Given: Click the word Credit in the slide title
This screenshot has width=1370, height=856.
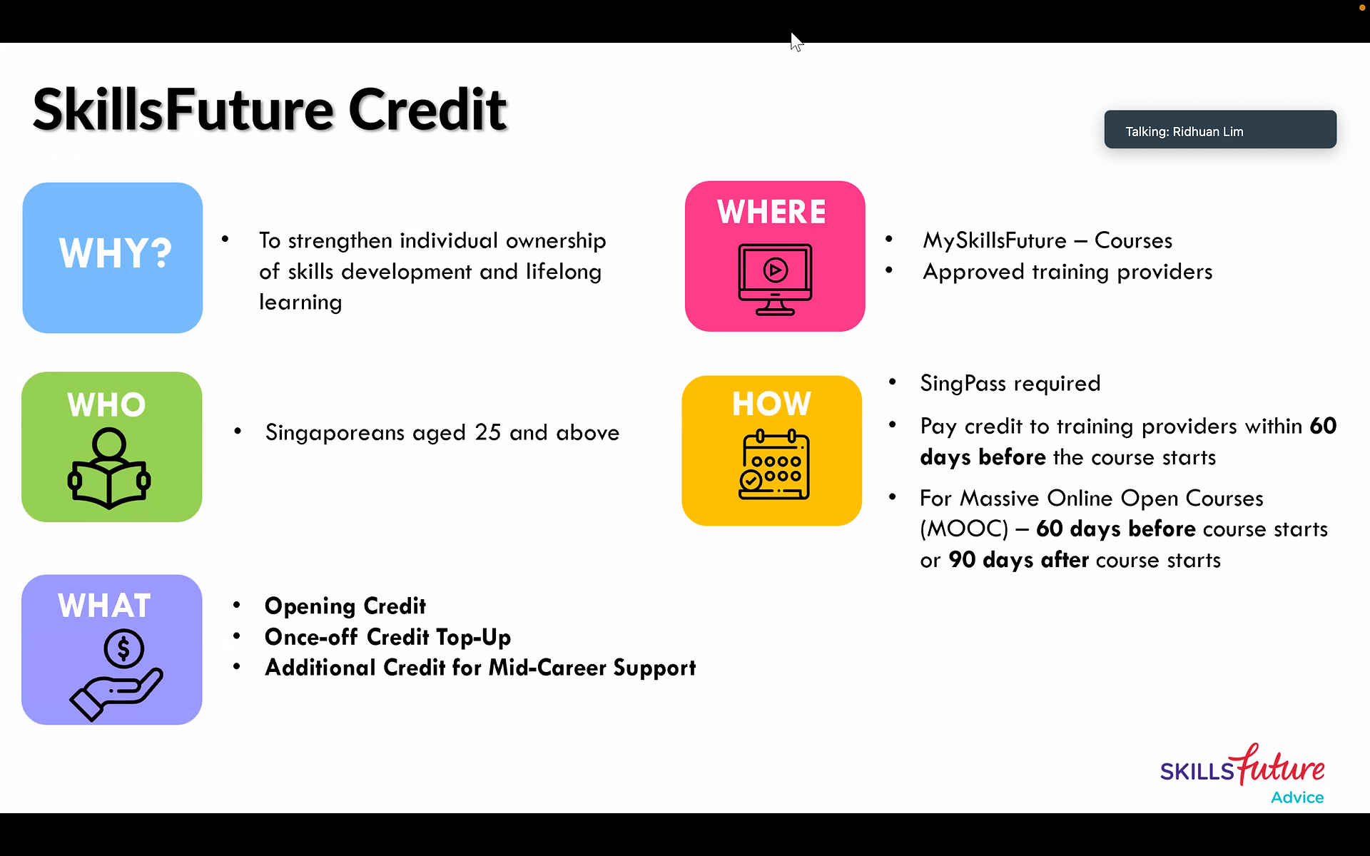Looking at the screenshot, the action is [427, 110].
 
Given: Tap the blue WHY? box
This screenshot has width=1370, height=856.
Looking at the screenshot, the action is [113, 258].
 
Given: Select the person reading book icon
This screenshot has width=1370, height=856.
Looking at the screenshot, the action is [109, 468].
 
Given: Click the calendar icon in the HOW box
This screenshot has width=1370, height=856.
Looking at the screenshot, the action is [774, 465].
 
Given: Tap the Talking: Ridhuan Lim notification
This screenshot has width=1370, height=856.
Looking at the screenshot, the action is [1220, 130].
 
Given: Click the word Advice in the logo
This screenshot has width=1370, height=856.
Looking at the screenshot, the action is [1297, 798].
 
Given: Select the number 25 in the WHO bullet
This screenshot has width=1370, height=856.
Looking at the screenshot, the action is [488, 432].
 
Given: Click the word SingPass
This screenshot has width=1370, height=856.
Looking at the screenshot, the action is [963, 384].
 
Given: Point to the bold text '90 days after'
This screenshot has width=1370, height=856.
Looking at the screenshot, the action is [1019, 560].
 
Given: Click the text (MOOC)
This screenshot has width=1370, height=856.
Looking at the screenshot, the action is [964, 529].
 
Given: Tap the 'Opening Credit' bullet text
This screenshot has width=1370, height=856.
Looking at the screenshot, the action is [345, 606].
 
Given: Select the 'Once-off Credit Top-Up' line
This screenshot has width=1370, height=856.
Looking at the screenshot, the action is [387, 637].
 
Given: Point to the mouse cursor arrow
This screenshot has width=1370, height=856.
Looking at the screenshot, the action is [796, 42].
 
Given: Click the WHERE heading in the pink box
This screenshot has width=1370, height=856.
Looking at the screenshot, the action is [771, 212].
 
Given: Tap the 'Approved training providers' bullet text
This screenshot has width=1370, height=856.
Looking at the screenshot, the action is [1067, 272].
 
